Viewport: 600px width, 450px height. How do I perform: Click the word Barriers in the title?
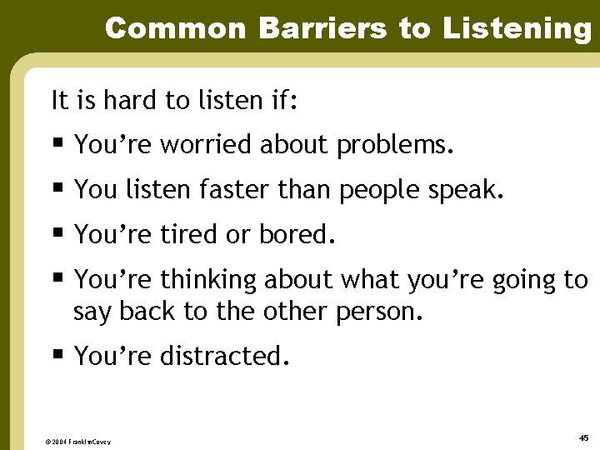324,28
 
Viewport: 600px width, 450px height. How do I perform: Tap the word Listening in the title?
516,30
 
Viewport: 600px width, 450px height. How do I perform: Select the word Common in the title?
177,28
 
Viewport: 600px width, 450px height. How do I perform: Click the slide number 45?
582,437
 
